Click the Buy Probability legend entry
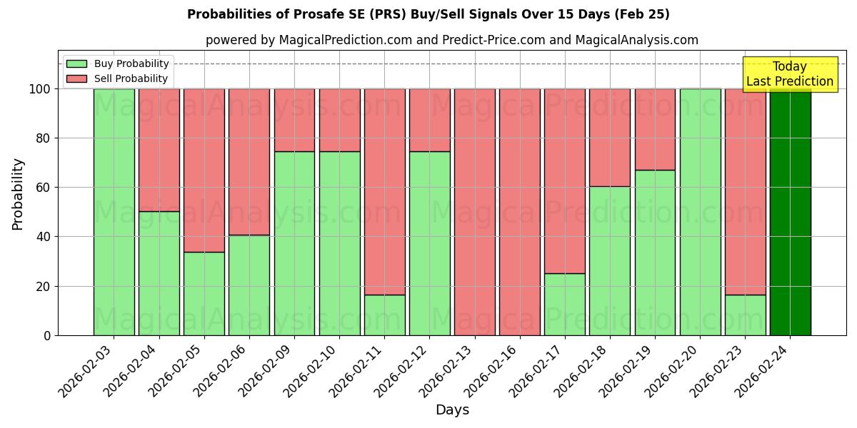click(x=118, y=63)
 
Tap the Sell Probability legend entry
click(x=118, y=78)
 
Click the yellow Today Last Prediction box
click(x=789, y=74)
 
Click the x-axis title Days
click(x=452, y=410)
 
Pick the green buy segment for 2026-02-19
click(x=655, y=253)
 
